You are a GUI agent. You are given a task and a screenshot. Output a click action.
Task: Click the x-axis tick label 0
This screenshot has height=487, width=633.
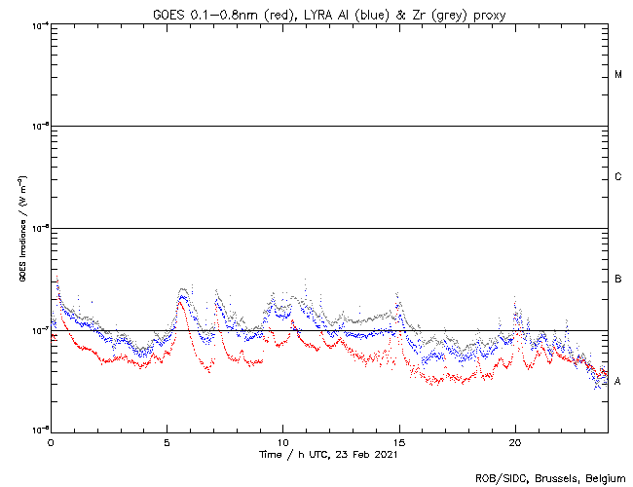[x=51, y=441]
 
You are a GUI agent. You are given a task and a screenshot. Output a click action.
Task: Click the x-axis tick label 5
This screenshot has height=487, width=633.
[x=167, y=441]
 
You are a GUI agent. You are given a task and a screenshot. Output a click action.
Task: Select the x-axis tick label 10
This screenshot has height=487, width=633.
[x=282, y=441]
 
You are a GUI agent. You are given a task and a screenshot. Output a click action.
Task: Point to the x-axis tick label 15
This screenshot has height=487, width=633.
[x=399, y=441]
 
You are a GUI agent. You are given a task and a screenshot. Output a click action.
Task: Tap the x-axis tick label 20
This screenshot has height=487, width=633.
[x=515, y=441]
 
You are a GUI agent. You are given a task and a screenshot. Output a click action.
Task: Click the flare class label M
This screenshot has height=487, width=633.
[x=618, y=75]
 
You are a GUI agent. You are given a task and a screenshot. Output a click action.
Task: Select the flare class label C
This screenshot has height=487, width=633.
[x=618, y=177]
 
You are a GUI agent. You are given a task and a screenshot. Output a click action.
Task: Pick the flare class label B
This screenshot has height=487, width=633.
[x=618, y=280]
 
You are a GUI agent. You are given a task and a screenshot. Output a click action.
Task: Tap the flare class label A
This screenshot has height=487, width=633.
[x=618, y=381]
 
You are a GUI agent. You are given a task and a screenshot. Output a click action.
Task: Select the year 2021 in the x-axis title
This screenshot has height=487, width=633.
[x=384, y=454]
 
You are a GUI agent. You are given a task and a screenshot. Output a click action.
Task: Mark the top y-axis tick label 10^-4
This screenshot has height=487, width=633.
[x=39, y=24]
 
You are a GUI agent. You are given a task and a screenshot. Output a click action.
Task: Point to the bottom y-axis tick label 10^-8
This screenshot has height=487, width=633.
[x=39, y=430]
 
